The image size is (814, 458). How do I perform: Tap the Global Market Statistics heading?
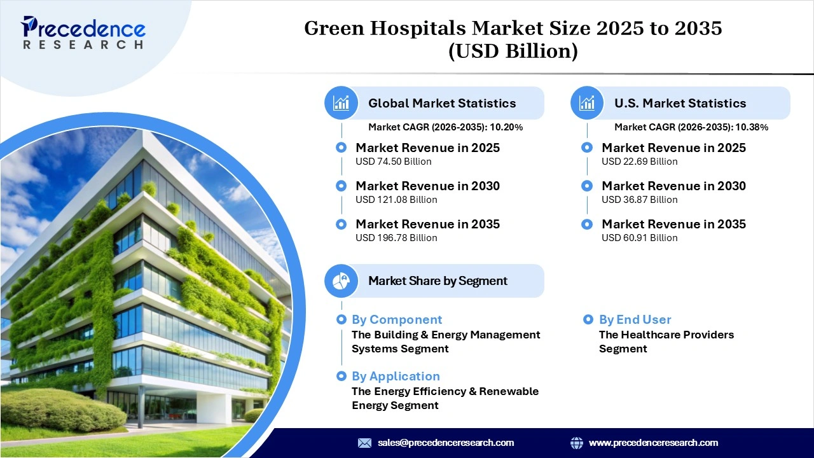coord(442,103)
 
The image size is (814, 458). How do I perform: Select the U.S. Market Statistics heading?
coord(680,103)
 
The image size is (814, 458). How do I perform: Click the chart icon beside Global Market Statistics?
coord(341,103)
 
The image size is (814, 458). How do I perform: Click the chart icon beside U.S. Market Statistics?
coord(587,103)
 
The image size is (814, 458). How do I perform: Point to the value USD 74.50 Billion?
coord(394,162)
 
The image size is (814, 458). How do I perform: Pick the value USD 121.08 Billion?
coord(396,200)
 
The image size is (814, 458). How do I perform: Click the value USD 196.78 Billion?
coord(396,238)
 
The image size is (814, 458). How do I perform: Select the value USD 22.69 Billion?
coord(640,162)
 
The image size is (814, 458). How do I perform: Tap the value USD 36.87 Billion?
coord(640,200)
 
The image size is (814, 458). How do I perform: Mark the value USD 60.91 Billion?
coord(640,238)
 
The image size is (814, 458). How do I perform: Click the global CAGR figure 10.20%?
coord(506,127)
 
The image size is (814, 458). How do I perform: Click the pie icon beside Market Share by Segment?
coord(341,281)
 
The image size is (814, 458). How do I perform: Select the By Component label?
coord(397,319)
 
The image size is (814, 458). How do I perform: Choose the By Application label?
coord(396,376)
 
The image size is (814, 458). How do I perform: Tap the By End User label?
coord(635,319)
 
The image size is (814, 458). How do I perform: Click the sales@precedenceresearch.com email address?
coord(445,443)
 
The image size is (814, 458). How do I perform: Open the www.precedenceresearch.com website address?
coord(653,443)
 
